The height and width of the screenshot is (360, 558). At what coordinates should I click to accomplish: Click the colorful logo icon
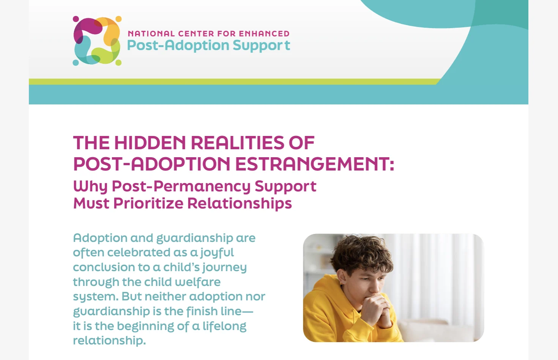pos(97,41)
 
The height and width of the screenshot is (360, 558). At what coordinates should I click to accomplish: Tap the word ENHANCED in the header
pos(264,34)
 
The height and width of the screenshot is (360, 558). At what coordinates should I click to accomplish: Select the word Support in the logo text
pos(261,46)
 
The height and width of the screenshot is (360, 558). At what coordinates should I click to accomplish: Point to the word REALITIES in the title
pos(237,143)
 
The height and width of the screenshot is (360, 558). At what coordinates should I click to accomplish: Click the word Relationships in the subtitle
pos(240,203)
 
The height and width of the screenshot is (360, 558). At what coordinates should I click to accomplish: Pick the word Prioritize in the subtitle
pos(148,203)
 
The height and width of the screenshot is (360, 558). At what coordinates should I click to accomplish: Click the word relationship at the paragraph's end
pos(109,341)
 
